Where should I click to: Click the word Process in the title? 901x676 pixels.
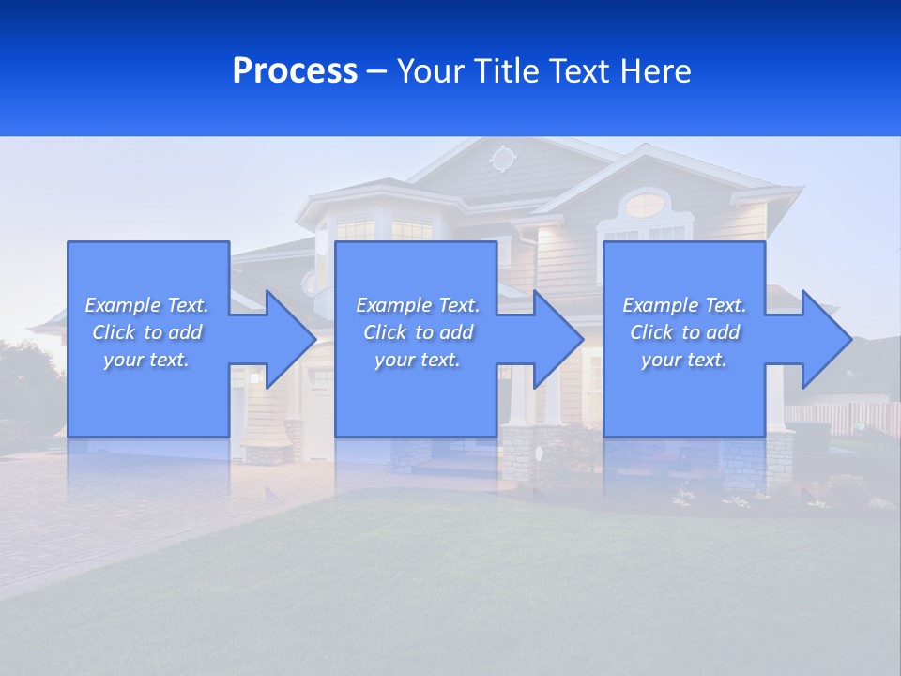295,71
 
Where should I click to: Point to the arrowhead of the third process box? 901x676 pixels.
818,339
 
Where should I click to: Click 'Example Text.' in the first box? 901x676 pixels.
146,305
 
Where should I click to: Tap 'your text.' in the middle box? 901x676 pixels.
417,360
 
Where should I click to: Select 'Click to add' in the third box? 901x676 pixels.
684,332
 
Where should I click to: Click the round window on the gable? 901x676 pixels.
503,159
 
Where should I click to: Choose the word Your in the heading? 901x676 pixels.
431,71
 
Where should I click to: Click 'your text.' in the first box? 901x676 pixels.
146,360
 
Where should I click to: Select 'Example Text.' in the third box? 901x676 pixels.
684,305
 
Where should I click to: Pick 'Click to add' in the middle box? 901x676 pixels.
418,332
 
